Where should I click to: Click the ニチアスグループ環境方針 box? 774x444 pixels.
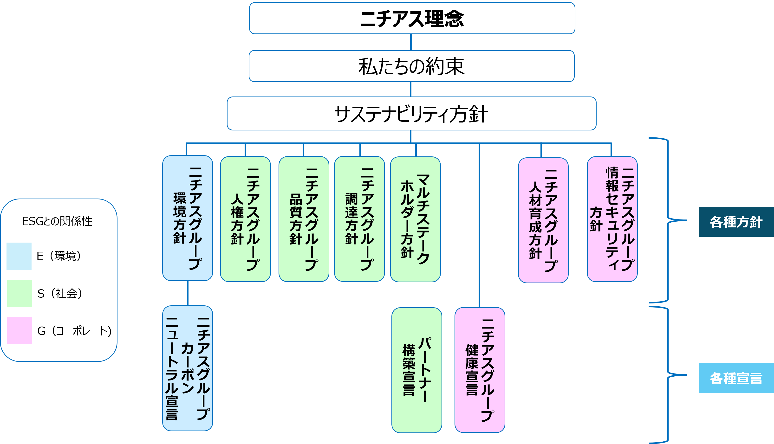(188, 218)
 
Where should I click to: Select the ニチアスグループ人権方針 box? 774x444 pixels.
(245, 219)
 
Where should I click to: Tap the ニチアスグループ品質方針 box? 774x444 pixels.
(304, 219)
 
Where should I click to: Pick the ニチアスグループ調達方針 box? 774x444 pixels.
(359, 219)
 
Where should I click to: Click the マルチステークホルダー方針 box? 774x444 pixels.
(415, 219)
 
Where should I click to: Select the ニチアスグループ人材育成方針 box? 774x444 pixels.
(543, 220)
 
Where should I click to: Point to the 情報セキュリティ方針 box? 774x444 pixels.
(612, 219)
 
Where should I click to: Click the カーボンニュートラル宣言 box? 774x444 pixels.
(188, 368)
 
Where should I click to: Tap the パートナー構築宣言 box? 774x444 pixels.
(416, 370)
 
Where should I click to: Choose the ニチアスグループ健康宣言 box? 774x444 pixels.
(480, 370)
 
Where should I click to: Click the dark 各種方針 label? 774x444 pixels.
(736, 222)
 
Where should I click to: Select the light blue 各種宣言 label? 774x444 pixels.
(736, 378)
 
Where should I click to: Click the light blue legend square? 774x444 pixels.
(19, 256)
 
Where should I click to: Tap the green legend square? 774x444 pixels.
(20, 293)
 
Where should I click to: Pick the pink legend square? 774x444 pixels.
(20, 330)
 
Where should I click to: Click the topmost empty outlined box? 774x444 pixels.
(412, 18)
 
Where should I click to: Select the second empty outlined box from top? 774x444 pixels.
(411, 66)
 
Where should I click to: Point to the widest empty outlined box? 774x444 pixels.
(411, 113)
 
